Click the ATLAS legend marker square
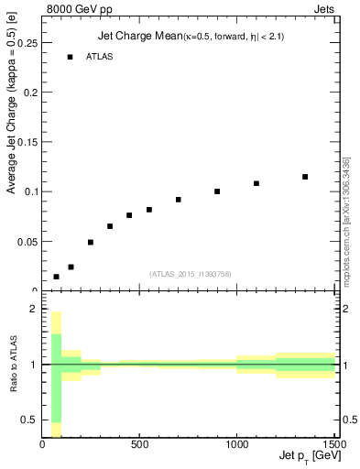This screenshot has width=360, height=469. [70, 57]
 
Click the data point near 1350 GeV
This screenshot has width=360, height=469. [305, 177]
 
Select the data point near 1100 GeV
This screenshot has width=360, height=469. [256, 183]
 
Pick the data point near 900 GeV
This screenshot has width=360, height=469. [217, 191]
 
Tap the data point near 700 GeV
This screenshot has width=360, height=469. [179, 200]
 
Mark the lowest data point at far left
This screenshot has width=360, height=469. [56, 277]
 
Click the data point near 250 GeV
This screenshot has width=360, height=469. [91, 243]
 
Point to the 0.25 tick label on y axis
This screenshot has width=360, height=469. [27, 43]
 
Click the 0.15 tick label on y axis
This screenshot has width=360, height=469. [27, 142]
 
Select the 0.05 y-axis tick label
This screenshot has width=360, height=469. [27, 241]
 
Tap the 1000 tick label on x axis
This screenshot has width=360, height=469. [236, 445]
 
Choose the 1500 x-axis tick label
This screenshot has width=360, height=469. [333, 445]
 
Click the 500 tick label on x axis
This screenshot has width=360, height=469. [139, 445]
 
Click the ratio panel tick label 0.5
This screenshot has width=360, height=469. [29, 420]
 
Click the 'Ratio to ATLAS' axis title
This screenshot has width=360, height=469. [13, 365]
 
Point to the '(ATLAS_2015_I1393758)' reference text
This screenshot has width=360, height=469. [190, 273]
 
